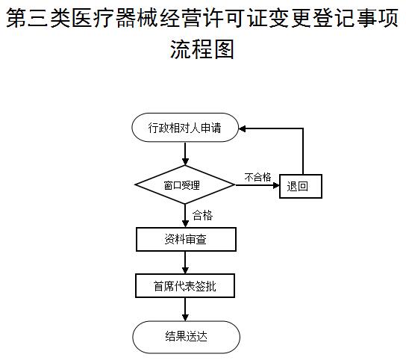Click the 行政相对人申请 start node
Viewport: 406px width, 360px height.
coord(185,128)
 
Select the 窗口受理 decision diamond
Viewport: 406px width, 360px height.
coord(185,184)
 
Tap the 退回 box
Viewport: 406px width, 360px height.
coord(301,187)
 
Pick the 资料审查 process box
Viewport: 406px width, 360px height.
coord(186,239)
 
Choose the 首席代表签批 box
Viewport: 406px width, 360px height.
coord(185,285)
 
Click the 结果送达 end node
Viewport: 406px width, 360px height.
coord(186,337)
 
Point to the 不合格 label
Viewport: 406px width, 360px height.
coord(257,177)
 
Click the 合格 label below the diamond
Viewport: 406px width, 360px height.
coord(202,215)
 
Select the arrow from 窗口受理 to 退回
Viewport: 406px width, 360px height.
coord(257,185)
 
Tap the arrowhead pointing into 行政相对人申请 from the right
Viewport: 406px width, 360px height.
coord(242,128)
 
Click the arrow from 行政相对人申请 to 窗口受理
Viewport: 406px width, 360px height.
coord(185,154)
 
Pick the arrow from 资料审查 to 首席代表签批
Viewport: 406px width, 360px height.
coord(185,262)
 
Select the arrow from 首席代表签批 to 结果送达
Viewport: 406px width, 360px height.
coord(185,309)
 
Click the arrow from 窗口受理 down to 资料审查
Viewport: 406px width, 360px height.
coord(185,216)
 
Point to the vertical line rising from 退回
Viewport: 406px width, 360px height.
coord(303,152)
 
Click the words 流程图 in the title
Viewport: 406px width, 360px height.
coord(202,49)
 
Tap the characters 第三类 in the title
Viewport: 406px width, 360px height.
coord(38,18)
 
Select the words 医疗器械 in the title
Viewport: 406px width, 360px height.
coord(115,18)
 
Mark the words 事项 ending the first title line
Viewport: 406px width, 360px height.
coord(378,18)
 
